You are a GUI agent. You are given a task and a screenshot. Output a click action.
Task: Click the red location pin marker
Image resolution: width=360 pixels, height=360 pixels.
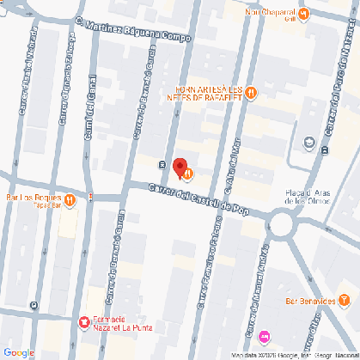tap(180, 167)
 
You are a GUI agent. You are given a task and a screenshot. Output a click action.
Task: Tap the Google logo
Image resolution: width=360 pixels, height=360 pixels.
tap(18, 352)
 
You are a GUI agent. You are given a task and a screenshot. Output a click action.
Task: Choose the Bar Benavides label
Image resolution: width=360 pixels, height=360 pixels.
tap(309, 301)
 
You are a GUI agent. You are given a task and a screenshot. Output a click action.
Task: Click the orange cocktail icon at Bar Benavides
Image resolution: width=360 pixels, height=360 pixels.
tap(345, 300)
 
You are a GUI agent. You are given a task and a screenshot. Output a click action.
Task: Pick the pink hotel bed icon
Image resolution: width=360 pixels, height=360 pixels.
tap(264, 335)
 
